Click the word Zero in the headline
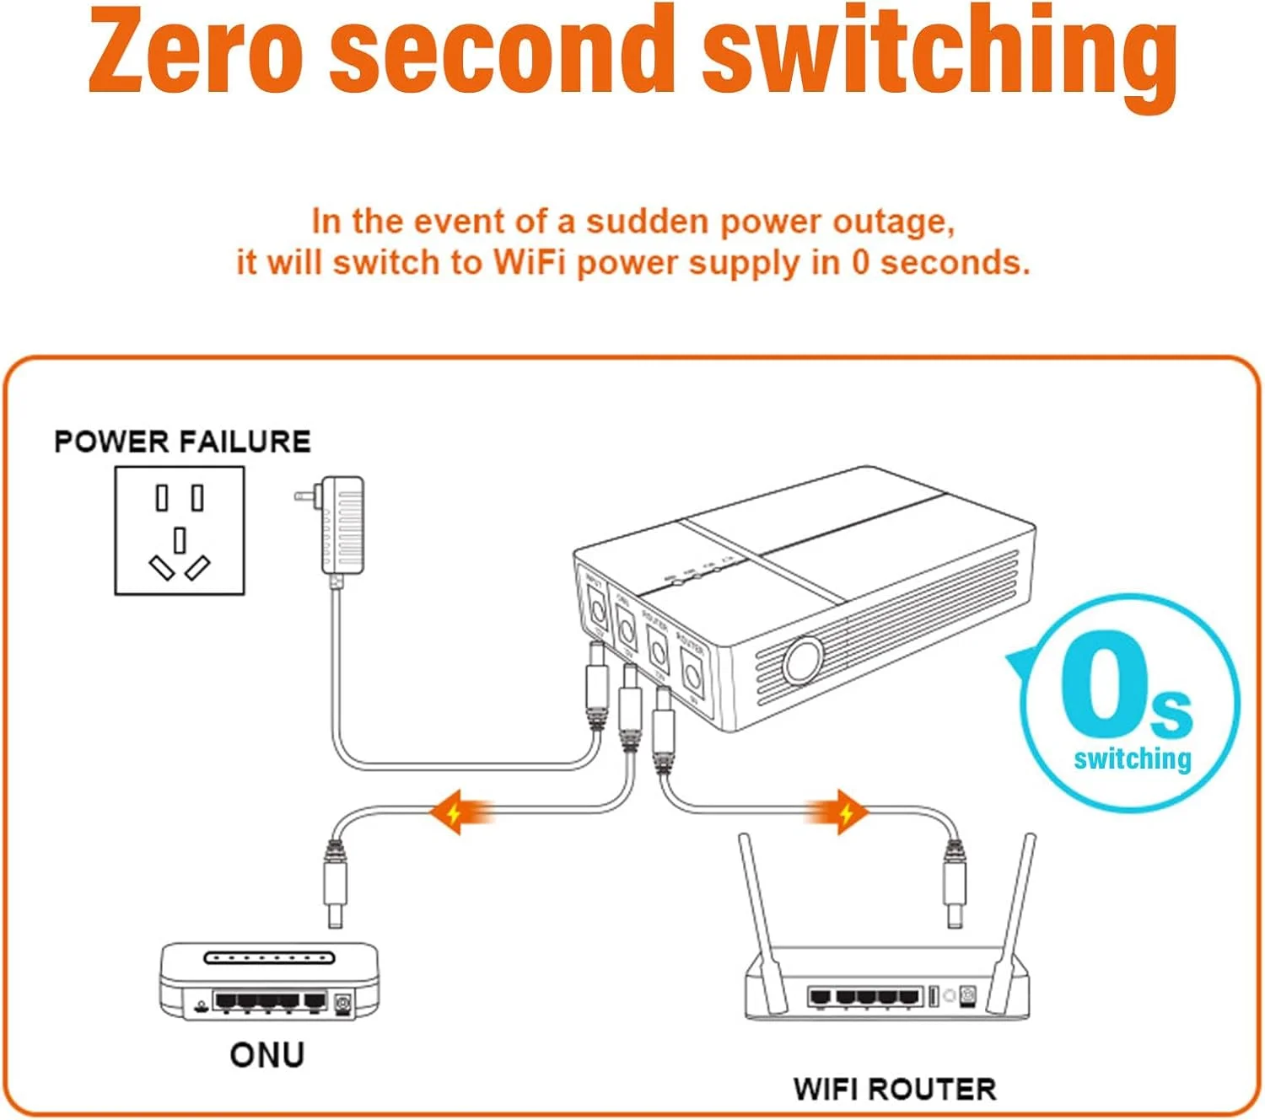tap(196, 51)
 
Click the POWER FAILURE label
tap(182, 442)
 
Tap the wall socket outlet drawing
tap(180, 531)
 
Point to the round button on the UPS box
tap(802, 660)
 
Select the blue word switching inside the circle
tap(1133, 759)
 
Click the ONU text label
tap(266, 1055)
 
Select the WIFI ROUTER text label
tap(894, 1089)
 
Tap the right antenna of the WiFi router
tap(1015, 910)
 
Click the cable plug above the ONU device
tap(336, 881)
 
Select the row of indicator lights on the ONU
tap(269, 958)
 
